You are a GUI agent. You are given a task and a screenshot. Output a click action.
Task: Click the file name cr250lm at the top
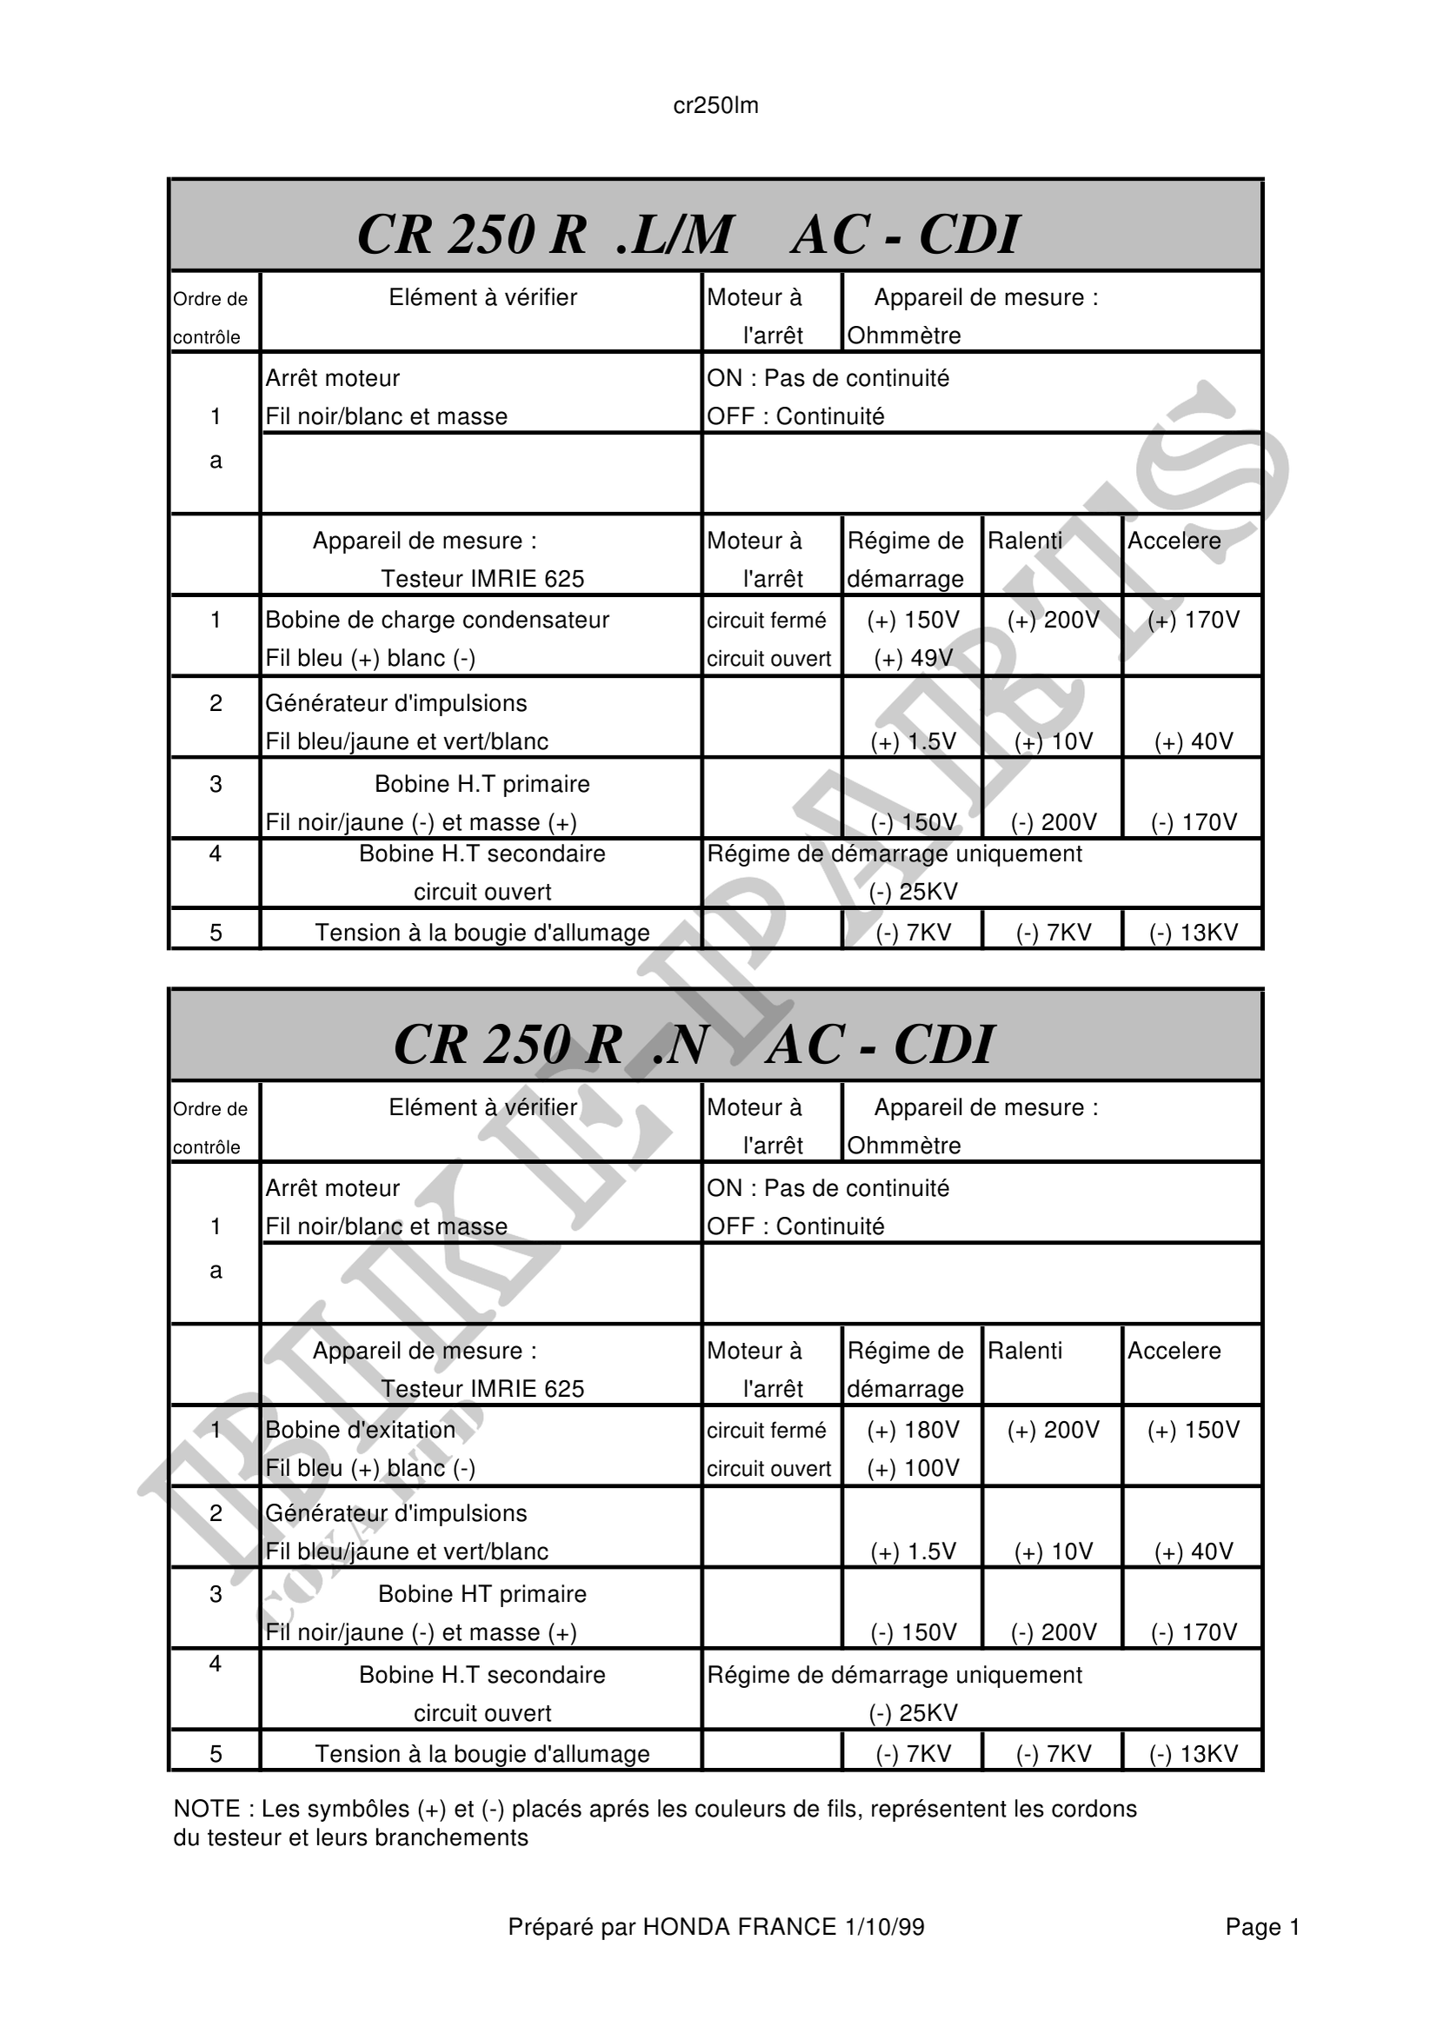715,106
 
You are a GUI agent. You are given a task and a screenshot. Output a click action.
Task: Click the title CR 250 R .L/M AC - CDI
688,235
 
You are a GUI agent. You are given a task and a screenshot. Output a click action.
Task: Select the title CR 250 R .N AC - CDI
693,1044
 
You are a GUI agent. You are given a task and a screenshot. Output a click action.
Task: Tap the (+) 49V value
913,658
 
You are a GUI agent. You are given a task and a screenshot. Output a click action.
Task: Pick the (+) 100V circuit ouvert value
913,1469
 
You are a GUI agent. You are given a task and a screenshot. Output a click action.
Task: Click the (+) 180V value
913,1430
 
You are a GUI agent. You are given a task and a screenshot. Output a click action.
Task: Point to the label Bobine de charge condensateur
437,620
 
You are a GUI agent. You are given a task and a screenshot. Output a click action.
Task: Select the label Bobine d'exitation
361,1430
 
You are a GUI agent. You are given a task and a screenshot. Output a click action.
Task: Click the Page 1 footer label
1262,1928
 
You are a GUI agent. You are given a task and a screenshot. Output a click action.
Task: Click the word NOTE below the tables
206,1809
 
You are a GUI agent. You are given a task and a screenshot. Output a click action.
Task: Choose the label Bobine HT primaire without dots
482,1594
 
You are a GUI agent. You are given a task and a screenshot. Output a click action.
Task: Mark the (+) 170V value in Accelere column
1193,620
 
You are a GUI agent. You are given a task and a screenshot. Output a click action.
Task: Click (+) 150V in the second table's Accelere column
1193,1430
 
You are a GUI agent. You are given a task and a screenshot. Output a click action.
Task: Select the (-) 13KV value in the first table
1193,933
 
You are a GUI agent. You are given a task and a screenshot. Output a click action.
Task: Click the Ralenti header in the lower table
1024,1352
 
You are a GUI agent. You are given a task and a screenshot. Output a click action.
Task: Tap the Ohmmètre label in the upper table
904,336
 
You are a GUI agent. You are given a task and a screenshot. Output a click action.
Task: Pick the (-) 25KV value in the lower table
913,1713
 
